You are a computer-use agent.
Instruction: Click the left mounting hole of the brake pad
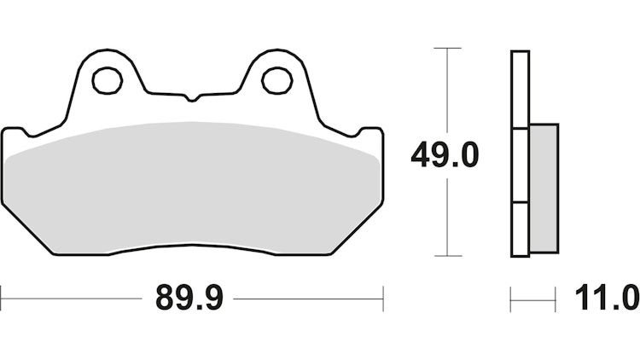107,80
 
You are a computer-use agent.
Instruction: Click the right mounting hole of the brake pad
276,80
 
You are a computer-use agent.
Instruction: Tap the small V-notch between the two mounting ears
192,98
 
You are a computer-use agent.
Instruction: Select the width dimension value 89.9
189,299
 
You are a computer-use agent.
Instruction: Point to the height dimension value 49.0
445,154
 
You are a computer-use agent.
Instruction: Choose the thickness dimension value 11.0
607,299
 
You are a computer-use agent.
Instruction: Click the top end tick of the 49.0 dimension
447,49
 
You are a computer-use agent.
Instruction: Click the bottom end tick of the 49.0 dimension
447,255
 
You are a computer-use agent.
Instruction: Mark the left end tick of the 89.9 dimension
2,299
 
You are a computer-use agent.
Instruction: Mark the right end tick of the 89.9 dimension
382,299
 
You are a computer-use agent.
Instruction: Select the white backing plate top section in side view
520,90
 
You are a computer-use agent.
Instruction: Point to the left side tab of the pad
13,136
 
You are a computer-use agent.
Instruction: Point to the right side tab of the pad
372,136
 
